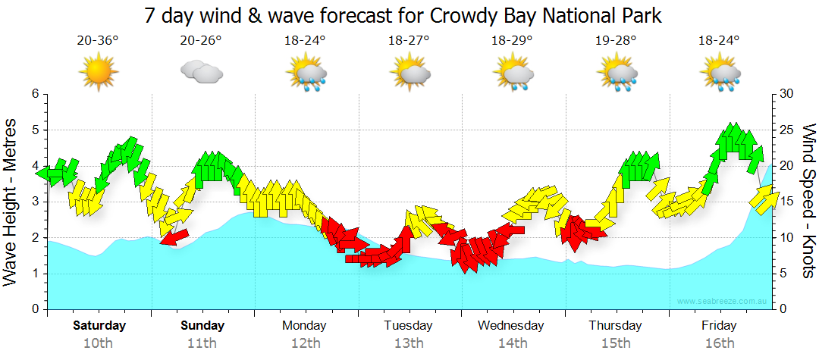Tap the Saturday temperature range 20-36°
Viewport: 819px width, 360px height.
pyautogui.click(x=98, y=41)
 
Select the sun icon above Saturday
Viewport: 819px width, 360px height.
pyautogui.click(x=99, y=73)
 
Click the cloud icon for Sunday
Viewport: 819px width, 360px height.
pyautogui.click(x=202, y=73)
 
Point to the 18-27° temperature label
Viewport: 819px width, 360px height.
pyautogui.click(x=409, y=41)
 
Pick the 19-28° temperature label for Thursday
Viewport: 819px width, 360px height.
pyautogui.click(x=616, y=41)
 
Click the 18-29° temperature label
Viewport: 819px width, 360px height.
pyautogui.click(x=513, y=41)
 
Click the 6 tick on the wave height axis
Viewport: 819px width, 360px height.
pyautogui.click(x=35, y=94)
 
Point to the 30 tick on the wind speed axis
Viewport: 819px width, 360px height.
pyautogui.click(x=787, y=94)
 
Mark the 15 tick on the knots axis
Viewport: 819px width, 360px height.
pyautogui.click(x=787, y=202)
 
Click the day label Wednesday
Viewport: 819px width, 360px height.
pyautogui.click(x=511, y=326)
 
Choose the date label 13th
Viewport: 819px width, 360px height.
pyautogui.click(x=408, y=343)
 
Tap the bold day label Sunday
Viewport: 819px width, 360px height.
pyautogui.click(x=202, y=326)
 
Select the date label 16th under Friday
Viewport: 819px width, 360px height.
pyautogui.click(x=718, y=343)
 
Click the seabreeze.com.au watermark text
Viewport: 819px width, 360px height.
pyautogui.click(x=723, y=302)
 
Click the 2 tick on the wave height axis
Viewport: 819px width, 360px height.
pyautogui.click(x=35, y=238)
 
